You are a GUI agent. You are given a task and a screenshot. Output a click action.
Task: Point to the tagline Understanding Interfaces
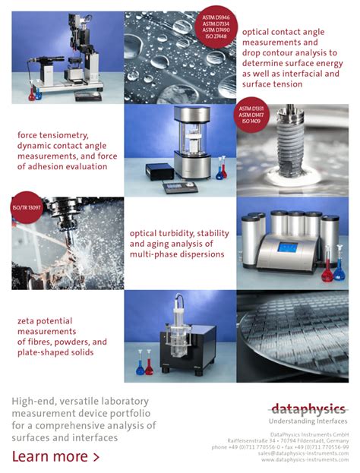pos(308,421)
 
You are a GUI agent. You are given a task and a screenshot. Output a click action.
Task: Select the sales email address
pos(303,453)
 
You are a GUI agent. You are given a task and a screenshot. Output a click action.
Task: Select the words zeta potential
pos(49,320)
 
